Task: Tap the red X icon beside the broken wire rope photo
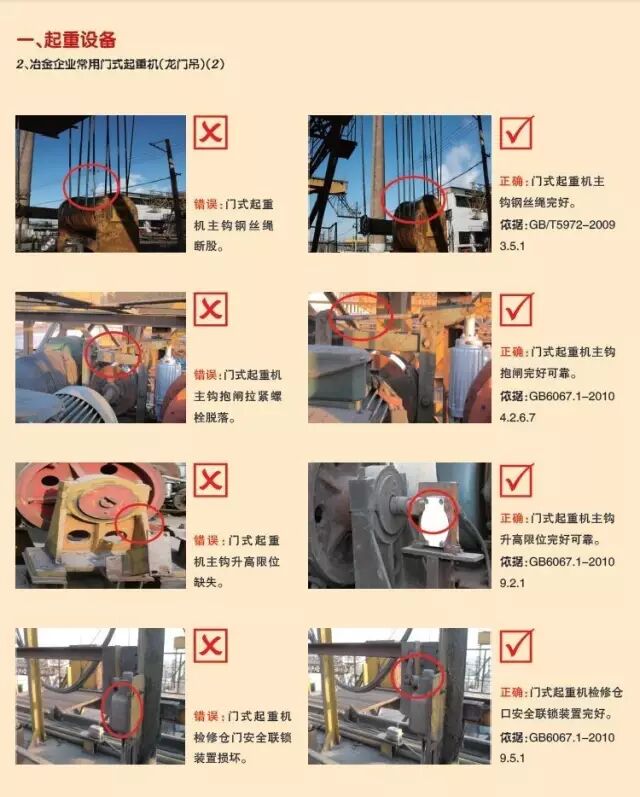211,132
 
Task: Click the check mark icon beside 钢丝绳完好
516,133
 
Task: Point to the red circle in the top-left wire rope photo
91,185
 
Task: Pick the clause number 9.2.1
517,579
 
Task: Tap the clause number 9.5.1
517,759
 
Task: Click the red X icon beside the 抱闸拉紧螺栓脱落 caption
211,310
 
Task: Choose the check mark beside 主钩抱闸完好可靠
516,310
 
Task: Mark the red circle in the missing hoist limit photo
140,521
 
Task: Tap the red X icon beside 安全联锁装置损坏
211,646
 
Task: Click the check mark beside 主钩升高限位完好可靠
516,480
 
